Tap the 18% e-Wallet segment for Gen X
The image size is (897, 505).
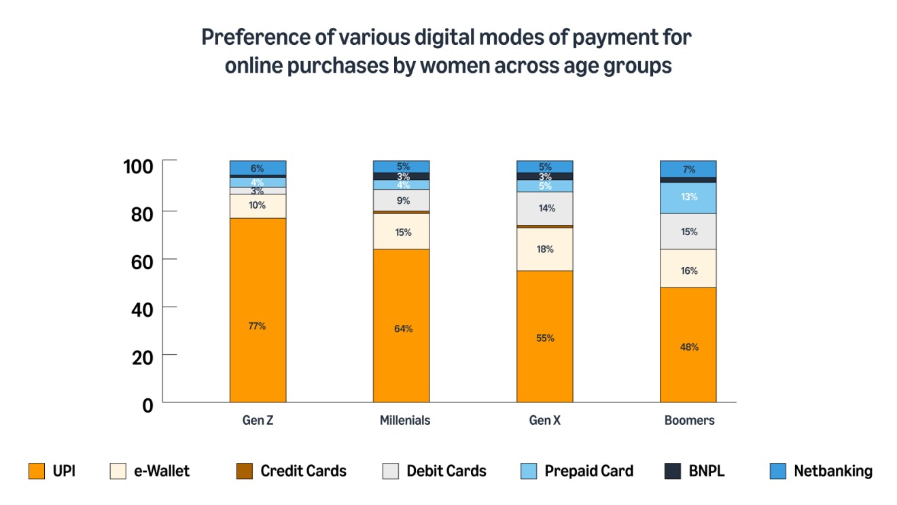(544, 249)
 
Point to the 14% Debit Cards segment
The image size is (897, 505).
(544, 208)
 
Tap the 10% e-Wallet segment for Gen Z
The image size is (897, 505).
(258, 206)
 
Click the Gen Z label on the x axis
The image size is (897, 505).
(258, 420)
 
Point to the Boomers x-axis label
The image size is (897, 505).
(689, 420)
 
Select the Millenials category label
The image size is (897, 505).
(405, 420)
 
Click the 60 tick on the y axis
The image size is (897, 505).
(143, 260)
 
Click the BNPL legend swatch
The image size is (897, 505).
(672, 471)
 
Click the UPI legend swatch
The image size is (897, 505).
(36, 471)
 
